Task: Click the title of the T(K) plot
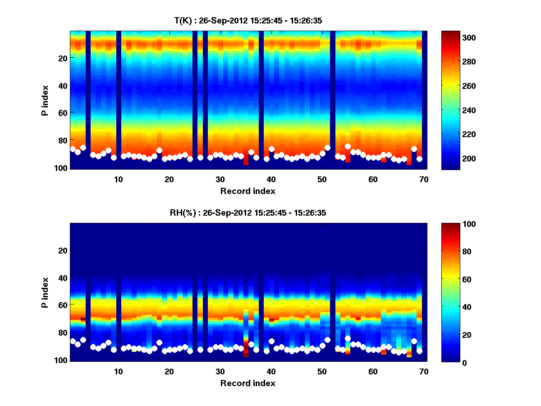pos(248,20)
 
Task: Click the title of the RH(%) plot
pos(248,213)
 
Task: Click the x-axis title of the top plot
pos(248,191)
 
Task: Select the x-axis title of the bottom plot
pos(248,383)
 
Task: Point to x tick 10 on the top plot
pos(118,179)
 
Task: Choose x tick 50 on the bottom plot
pos(321,371)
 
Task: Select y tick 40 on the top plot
pos(63,85)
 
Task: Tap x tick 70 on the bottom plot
pos(423,371)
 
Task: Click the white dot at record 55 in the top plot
pos(348,146)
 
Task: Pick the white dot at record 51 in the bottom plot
pos(327,340)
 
